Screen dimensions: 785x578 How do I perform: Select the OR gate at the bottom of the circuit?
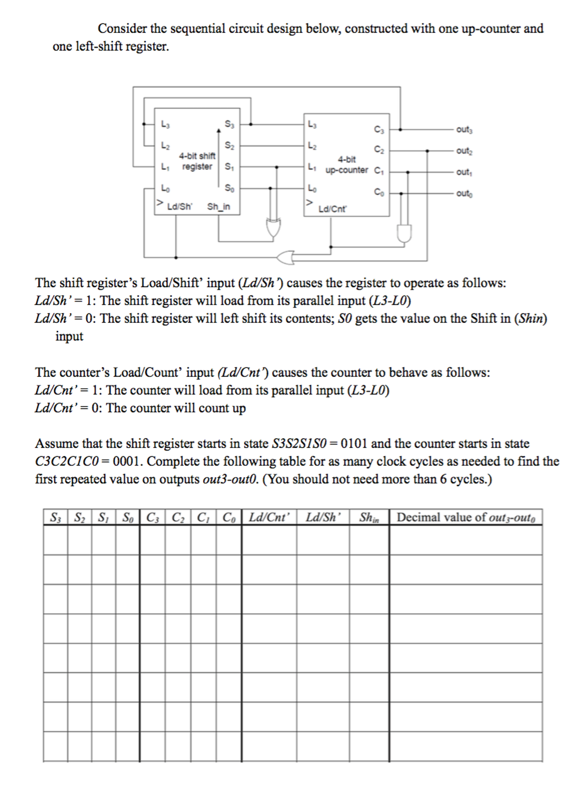pyautogui.click(x=286, y=257)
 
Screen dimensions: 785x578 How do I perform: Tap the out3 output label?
pyautogui.click(x=464, y=130)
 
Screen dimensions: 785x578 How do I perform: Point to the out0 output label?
pyautogui.click(x=464, y=193)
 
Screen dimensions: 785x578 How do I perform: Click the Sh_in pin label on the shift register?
pyautogui.click(x=218, y=207)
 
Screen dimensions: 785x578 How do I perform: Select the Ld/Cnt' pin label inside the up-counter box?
pyautogui.click(x=332, y=209)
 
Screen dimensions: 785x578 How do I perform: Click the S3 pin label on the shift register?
pyautogui.click(x=229, y=124)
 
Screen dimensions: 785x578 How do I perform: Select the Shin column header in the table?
pyautogui.click(x=369, y=518)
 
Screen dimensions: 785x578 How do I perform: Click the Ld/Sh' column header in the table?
pyautogui.click(x=323, y=518)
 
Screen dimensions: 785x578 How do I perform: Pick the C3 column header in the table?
pyautogui.click(x=152, y=518)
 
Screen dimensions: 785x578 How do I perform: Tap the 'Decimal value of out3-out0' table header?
pyautogui.click(x=466, y=518)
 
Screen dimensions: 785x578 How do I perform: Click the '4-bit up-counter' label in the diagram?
pyautogui.click(x=347, y=165)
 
